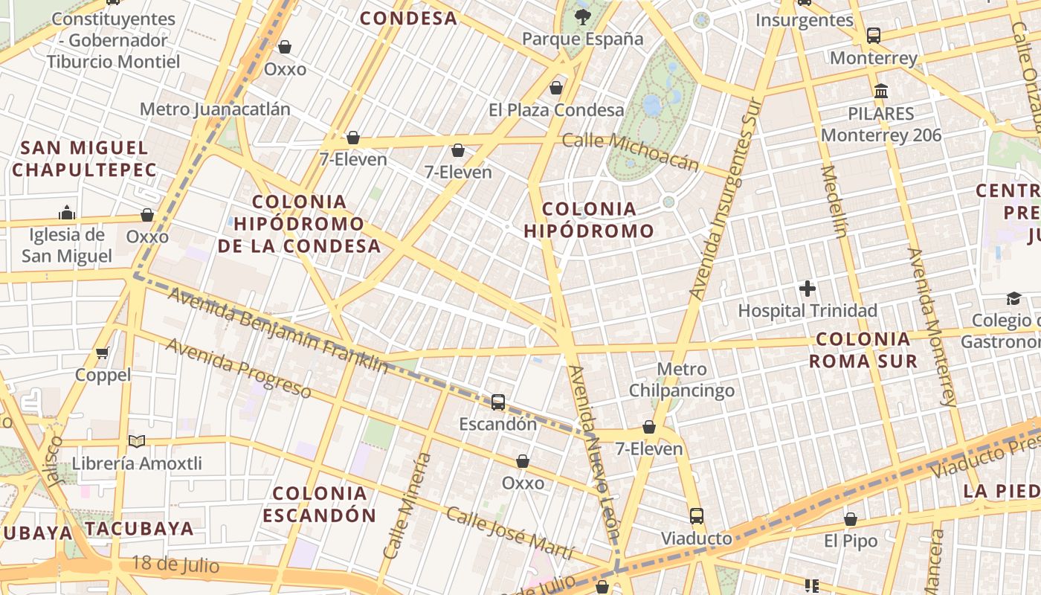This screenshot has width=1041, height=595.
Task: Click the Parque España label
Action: pyautogui.click(x=582, y=39)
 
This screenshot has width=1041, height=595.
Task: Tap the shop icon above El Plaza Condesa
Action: pyautogui.click(x=556, y=89)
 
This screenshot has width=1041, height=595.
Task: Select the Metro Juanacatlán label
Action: pyautogui.click(x=215, y=109)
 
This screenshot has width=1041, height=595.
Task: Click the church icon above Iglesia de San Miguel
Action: pyautogui.click(x=67, y=213)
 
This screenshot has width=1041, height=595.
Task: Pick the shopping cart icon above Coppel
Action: pyautogui.click(x=103, y=353)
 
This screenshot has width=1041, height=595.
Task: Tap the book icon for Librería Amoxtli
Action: pyautogui.click(x=137, y=442)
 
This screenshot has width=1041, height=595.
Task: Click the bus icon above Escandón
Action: pyautogui.click(x=498, y=402)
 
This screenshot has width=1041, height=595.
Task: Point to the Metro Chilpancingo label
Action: pyautogui.click(x=682, y=379)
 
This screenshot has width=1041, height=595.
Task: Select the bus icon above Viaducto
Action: pyautogui.click(x=697, y=515)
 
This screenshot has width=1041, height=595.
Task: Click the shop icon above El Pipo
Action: pyautogui.click(x=851, y=519)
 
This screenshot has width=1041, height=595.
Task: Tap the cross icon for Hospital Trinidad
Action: pyautogui.click(x=808, y=289)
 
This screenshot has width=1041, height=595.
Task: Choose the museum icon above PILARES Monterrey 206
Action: pyautogui.click(x=881, y=91)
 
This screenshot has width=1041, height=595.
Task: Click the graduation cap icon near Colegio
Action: pyautogui.click(x=1013, y=299)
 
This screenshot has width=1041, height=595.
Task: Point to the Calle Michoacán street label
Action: pyautogui.click(x=631, y=151)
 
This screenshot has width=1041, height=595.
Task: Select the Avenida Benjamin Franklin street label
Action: pyautogui.click(x=277, y=330)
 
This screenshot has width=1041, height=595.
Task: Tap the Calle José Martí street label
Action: pyautogui.click(x=509, y=533)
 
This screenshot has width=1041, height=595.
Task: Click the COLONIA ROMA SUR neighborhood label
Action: pyautogui.click(x=863, y=350)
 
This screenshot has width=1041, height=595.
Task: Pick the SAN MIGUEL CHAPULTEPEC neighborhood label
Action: pyautogui.click(x=84, y=158)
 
